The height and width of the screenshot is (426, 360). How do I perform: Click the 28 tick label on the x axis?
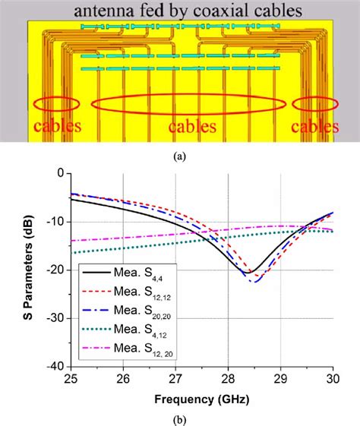229,377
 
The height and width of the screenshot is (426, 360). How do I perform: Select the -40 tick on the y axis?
57,365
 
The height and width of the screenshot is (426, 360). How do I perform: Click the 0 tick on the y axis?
62,173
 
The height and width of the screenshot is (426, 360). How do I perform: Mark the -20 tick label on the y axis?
57,270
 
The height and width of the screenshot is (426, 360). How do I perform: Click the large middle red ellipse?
189,115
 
